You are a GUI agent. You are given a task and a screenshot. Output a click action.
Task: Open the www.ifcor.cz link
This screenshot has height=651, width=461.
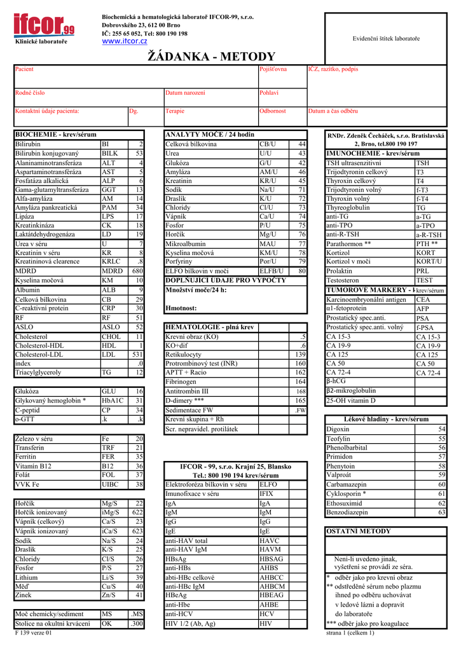coord(125,41)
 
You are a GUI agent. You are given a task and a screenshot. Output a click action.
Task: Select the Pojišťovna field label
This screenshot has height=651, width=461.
coord(273,69)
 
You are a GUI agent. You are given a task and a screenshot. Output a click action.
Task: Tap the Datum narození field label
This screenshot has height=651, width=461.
coord(185,93)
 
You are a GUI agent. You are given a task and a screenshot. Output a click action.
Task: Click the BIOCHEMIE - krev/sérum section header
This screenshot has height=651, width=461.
coord(55,135)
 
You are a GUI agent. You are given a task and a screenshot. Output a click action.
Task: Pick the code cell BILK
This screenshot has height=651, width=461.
coord(109,153)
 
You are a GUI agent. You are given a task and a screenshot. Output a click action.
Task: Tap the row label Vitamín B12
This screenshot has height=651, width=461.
coord(34,466)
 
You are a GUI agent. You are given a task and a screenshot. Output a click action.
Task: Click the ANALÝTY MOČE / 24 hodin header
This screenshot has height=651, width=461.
coord(209,135)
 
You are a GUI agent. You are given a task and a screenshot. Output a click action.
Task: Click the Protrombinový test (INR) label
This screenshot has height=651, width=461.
coord(201,364)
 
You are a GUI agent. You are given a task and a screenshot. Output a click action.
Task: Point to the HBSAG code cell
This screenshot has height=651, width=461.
coord(272,559)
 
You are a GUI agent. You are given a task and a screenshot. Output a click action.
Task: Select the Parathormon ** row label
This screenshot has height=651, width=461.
coord(348,243)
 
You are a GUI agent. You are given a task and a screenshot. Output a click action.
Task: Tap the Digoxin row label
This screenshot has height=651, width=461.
coord(338,429)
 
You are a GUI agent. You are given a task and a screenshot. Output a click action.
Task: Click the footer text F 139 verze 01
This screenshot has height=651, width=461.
coord(33,633)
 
